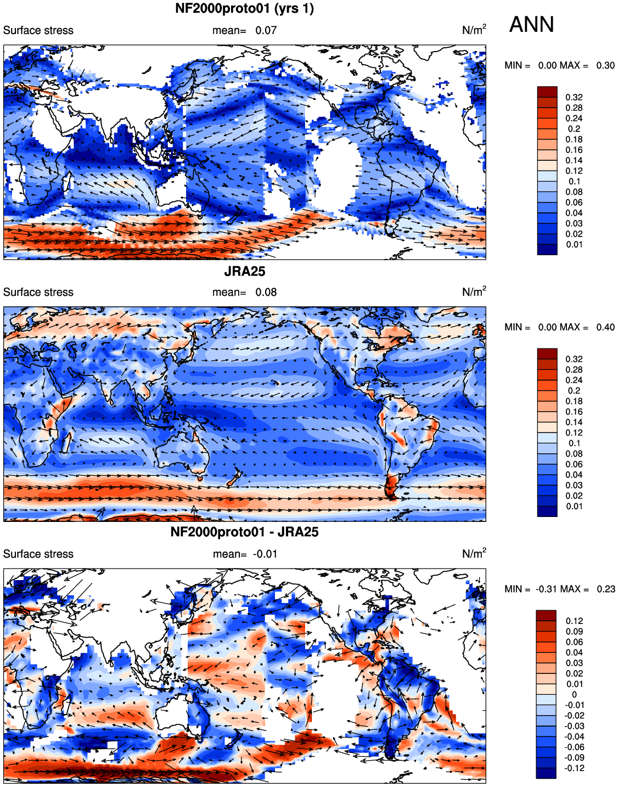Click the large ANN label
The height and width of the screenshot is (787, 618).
[531, 25]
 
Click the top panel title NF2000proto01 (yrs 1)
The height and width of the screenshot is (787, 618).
[244, 8]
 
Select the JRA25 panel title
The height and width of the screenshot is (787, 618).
[244, 271]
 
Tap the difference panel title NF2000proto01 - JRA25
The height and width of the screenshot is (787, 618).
[244, 532]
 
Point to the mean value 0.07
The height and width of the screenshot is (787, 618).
[266, 30]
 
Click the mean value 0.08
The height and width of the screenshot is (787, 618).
[266, 292]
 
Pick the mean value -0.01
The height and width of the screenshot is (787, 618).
[265, 554]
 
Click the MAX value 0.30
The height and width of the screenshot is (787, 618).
[605, 65]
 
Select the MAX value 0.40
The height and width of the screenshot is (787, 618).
[605, 328]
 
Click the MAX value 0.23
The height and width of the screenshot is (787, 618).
[606, 589]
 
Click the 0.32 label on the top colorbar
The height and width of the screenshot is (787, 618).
[574, 97]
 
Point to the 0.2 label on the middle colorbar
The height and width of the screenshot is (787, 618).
[574, 391]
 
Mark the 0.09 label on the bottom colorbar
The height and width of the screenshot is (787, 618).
[574, 631]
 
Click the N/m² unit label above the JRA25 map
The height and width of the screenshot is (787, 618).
[474, 291]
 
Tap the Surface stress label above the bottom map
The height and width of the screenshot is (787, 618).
[38, 554]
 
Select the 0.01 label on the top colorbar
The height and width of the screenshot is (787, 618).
[574, 244]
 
